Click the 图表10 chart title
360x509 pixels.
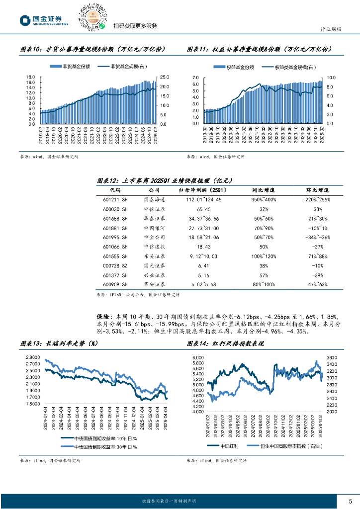coord(92,49)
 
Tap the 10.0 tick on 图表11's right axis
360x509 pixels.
coord(330,78)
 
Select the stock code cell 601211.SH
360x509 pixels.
coord(116,199)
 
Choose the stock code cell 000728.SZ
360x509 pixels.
coord(116,265)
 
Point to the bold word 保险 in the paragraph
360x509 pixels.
coord(104,316)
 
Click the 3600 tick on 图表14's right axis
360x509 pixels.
coord(332,357)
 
